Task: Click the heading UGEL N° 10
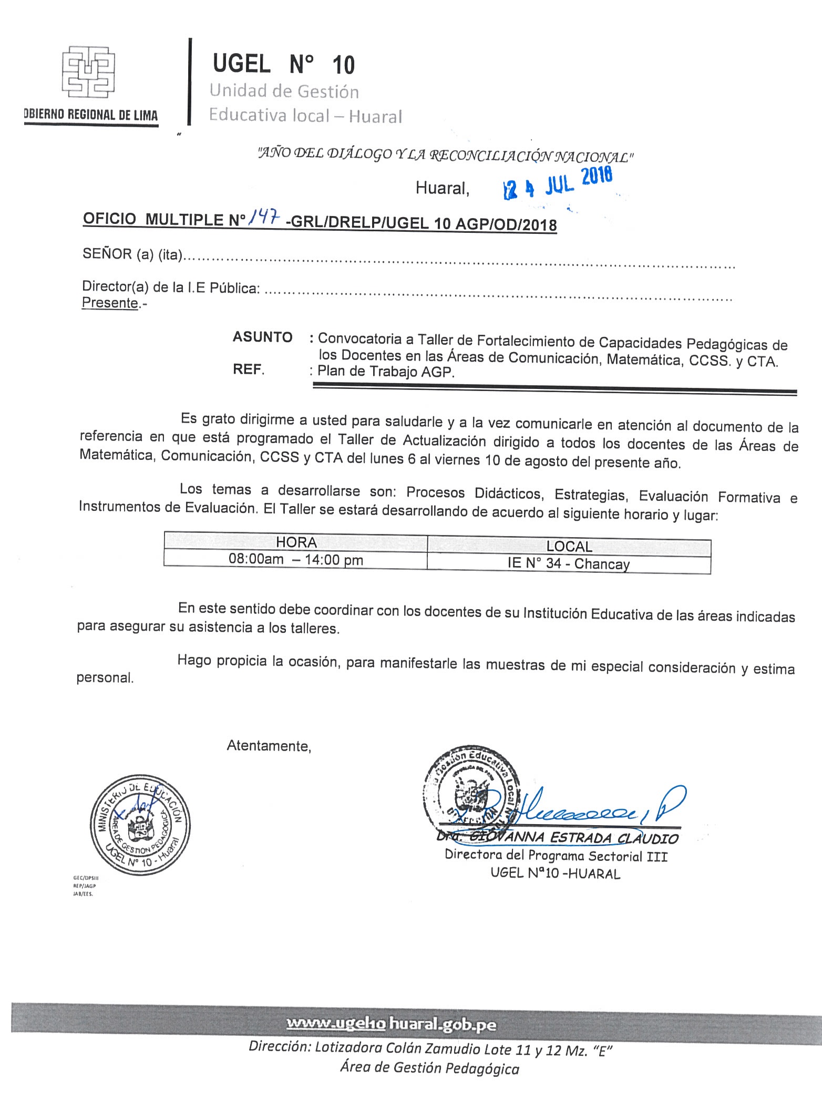(284, 65)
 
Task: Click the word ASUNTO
(262, 337)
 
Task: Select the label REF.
(248, 370)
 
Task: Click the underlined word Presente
(110, 303)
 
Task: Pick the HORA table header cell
(296, 542)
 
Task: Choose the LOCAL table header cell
(569, 547)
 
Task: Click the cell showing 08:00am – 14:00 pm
(295, 559)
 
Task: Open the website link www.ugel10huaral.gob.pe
(391, 1024)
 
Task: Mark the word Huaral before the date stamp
(442, 188)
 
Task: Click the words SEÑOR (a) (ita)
(132, 255)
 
